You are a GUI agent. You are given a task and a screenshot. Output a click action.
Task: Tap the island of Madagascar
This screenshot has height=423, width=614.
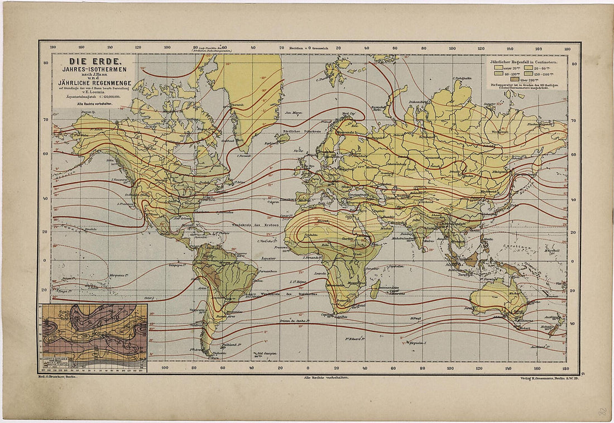point(376,289)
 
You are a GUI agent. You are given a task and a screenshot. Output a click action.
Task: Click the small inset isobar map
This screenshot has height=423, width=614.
point(93,337)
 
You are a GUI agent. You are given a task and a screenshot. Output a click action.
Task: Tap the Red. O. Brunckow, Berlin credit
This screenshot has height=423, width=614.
point(58,378)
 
